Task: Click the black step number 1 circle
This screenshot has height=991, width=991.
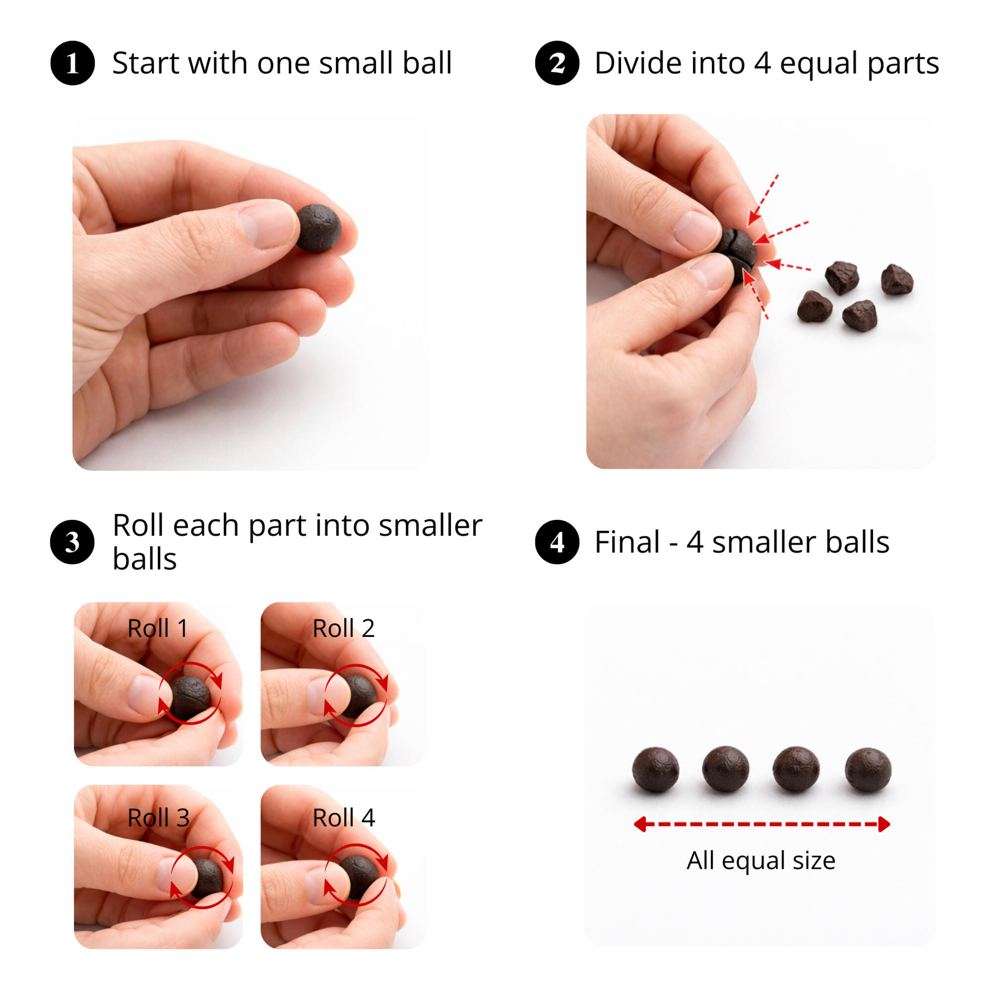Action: click(x=72, y=62)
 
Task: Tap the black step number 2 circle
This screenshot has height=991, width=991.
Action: click(x=557, y=62)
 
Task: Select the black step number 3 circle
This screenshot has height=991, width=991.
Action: click(x=72, y=542)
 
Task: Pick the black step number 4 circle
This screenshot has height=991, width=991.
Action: click(x=557, y=542)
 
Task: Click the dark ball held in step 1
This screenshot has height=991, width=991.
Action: click(x=318, y=228)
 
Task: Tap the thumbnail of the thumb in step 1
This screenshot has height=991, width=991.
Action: click(x=268, y=224)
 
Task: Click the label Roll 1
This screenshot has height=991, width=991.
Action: click(x=157, y=628)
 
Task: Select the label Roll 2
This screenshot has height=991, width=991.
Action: click(x=344, y=628)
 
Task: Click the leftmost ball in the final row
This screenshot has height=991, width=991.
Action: click(x=656, y=769)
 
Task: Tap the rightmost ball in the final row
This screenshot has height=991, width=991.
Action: click(x=868, y=769)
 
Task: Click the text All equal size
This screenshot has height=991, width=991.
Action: click(x=761, y=860)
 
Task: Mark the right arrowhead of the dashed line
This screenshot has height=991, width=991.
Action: click(x=884, y=824)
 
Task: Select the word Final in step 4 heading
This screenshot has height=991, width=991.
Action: click(x=627, y=542)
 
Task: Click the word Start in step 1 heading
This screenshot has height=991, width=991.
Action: click(x=146, y=62)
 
